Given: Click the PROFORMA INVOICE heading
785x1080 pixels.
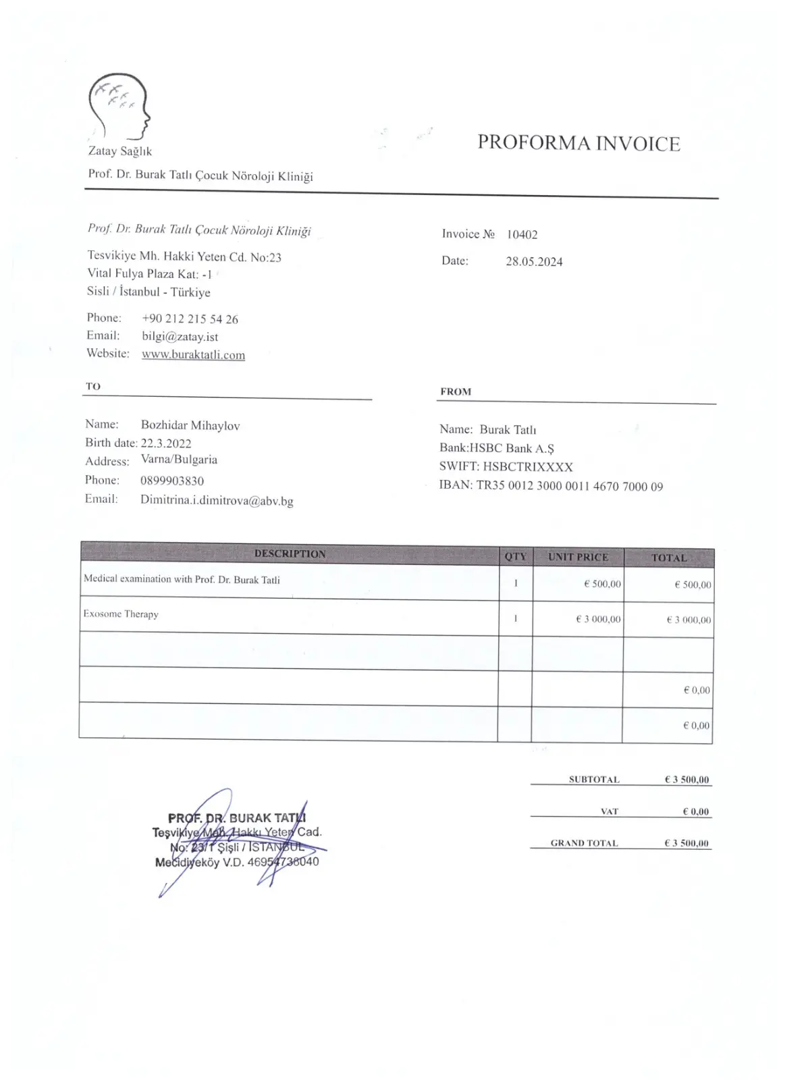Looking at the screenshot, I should pyautogui.click(x=578, y=143).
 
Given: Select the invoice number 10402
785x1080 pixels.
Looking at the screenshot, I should pyautogui.click(x=522, y=235).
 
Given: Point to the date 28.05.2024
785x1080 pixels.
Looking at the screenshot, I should pyautogui.click(x=534, y=262).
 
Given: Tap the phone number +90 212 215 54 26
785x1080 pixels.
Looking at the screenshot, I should pyautogui.click(x=190, y=319).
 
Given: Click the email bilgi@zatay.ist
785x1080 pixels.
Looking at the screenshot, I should pyautogui.click(x=180, y=337).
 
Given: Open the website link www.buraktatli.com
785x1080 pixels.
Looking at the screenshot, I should pyautogui.click(x=193, y=355).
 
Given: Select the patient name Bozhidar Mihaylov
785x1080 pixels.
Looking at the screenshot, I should pyautogui.click(x=190, y=426).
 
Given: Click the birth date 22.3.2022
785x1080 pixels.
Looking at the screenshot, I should pyautogui.click(x=166, y=443).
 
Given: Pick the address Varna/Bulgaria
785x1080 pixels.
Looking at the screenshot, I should pyautogui.click(x=179, y=460).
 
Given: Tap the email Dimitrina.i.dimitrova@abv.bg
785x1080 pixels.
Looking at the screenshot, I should pyautogui.click(x=217, y=501).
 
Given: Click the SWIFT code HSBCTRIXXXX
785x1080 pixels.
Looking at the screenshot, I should pyautogui.click(x=528, y=467).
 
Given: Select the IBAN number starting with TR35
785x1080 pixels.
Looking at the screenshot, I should pyautogui.click(x=570, y=486).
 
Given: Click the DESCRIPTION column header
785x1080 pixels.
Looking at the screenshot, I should pyautogui.click(x=290, y=554).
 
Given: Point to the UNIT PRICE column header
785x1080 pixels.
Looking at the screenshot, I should pyautogui.click(x=578, y=557).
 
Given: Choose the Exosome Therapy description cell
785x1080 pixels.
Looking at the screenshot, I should pyautogui.click(x=121, y=614).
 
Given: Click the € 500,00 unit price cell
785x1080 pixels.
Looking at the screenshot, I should pyautogui.click(x=602, y=584).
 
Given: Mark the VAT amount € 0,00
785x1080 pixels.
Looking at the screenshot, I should pyautogui.click(x=695, y=811).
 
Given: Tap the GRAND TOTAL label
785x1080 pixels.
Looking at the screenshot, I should pyautogui.click(x=584, y=843).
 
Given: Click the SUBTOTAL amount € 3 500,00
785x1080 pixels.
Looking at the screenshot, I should pyautogui.click(x=686, y=780).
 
